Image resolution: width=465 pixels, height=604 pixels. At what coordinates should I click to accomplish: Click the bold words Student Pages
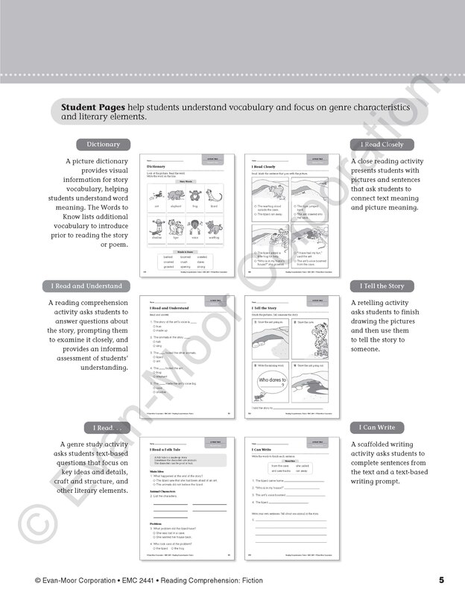coord(93,107)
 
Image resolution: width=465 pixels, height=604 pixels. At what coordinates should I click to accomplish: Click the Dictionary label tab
coord(103,144)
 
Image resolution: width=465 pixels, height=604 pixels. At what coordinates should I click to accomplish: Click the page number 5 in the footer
coord(441,580)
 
